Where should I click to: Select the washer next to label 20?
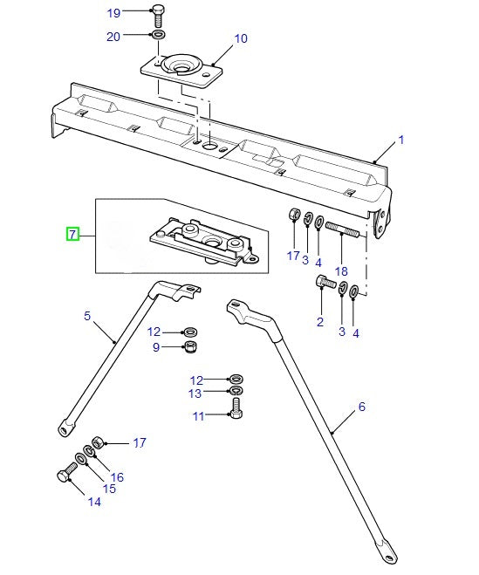158,35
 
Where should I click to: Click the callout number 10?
241,38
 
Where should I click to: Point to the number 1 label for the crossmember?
401,140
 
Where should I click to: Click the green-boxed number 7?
73,234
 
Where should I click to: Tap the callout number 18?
341,271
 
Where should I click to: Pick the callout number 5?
87,316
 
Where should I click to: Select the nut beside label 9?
189,348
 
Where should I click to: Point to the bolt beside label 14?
66,476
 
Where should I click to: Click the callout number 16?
117,476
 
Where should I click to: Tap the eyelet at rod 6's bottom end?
385,550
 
